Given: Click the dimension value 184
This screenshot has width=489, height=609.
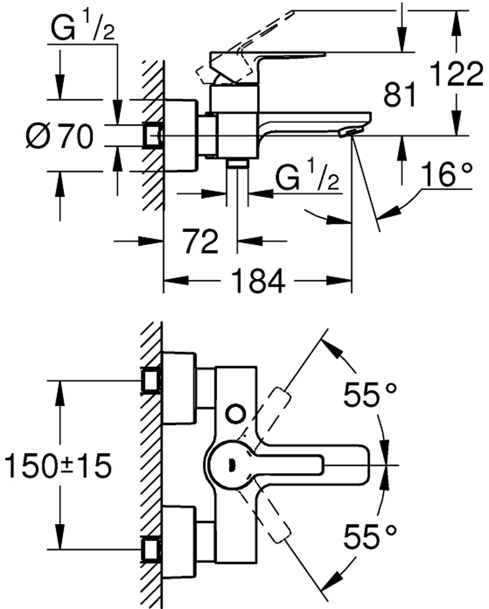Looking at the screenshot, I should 259,281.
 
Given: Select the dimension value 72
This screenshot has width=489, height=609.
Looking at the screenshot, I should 200,241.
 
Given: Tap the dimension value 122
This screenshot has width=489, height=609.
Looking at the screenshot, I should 456,75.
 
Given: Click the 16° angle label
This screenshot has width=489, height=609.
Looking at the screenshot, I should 447,175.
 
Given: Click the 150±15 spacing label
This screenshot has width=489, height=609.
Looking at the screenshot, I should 57,465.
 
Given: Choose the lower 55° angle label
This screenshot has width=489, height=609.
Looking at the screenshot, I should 370,537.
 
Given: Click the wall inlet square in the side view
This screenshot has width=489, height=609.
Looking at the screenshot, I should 152,136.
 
